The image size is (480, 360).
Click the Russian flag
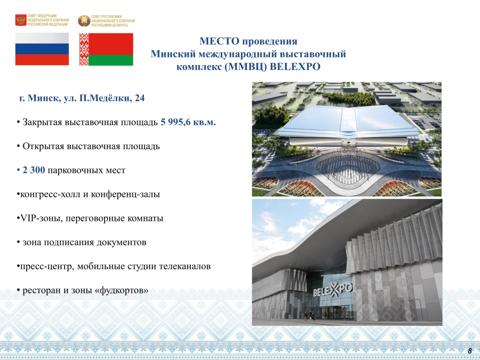coord(42,49)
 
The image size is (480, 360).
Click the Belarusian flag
coord(106,49)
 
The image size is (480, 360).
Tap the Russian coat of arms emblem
coord(21,20)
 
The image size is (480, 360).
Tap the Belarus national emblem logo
coord(84,21)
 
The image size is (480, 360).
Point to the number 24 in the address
coord(139,98)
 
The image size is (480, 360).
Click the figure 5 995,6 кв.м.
coord(188,122)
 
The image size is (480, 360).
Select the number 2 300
coord(34,170)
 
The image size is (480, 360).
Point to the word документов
coord(121,242)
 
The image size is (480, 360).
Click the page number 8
coord(470,351)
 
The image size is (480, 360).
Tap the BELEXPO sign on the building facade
coord(333,290)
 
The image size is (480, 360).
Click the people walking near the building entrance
coord(309,315)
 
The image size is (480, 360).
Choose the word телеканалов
coord(185,266)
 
